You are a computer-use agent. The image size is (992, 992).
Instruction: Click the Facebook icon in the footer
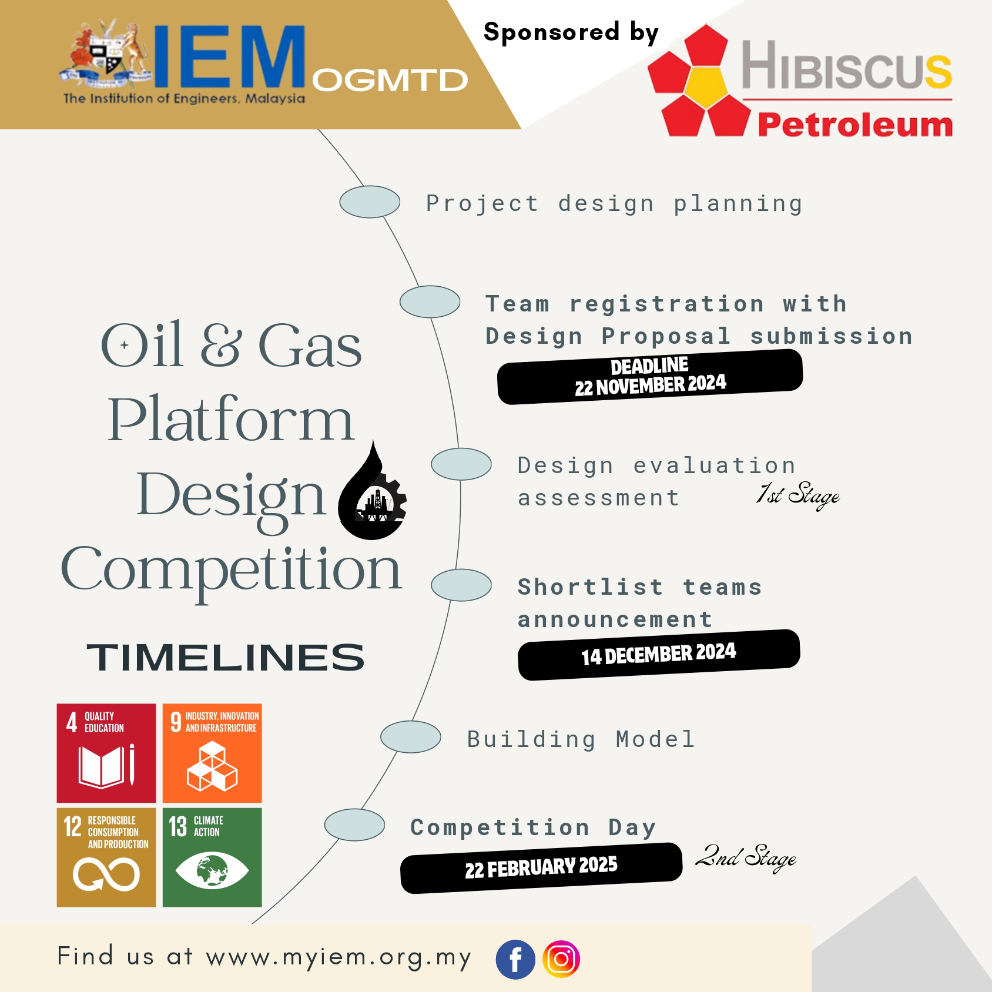pos(515,960)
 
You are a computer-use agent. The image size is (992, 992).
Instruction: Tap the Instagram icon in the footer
pos(561,960)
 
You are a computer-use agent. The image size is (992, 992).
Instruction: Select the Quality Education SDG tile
pos(106,753)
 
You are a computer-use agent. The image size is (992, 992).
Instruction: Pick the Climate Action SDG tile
pos(212,857)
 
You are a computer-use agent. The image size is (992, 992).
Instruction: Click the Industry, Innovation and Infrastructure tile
pos(212,753)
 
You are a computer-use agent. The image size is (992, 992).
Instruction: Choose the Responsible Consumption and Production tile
pos(106,857)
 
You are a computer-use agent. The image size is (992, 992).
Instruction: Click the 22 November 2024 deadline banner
pos(650,377)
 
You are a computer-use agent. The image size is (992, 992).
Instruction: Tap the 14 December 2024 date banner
pos(659,655)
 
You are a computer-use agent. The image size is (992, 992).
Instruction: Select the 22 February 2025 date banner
pos(541,868)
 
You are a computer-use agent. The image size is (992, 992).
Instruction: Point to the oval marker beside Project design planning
pos(370,202)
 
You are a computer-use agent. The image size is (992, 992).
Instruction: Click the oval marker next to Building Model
pos(411,737)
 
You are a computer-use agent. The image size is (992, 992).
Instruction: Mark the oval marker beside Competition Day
pos(355,825)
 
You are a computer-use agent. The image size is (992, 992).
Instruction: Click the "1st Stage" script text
pos(798,495)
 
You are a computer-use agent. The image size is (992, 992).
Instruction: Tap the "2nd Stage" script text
pos(746,858)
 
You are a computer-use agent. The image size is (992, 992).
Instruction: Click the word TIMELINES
pos(226,657)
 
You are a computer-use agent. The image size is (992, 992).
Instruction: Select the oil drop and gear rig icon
pos(373,490)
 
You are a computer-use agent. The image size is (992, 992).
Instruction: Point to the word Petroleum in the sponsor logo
pos(855,125)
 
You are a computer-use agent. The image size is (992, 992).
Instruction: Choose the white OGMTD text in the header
pos(390,81)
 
